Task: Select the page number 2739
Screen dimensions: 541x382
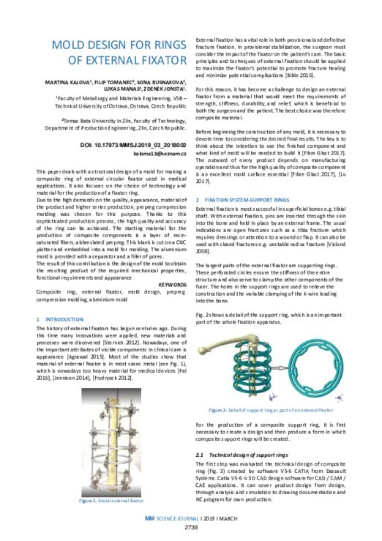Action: (x=190, y=527)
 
